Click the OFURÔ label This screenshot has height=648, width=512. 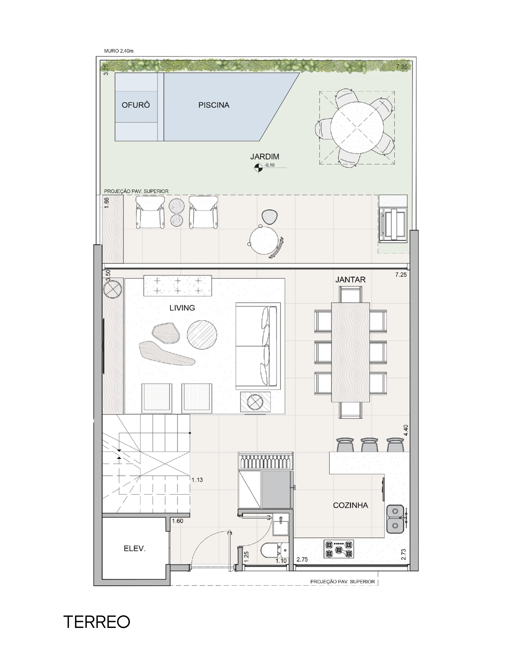click(136, 105)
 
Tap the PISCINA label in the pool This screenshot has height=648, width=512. click(214, 105)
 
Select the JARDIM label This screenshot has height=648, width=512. click(264, 156)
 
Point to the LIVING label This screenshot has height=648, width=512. click(182, 308)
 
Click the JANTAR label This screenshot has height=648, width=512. click(350, 280)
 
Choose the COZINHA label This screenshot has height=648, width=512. click(351, 505)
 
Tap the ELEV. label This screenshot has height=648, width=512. click(134, 549)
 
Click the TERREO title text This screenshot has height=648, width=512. click(97, 622)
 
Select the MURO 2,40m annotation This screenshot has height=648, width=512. click(119, 51)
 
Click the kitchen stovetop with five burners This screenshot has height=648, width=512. click(339, 549)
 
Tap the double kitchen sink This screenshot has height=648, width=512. click(395, 517)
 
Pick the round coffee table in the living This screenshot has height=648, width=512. click(202, 335)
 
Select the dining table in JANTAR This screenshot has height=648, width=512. click(350, 352)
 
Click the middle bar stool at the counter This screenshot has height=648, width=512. click(369, 445)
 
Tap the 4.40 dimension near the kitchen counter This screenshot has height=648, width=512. click(406, 430)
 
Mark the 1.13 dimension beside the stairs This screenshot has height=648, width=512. click(197, 480)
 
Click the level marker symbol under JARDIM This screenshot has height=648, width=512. click(258, 167)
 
